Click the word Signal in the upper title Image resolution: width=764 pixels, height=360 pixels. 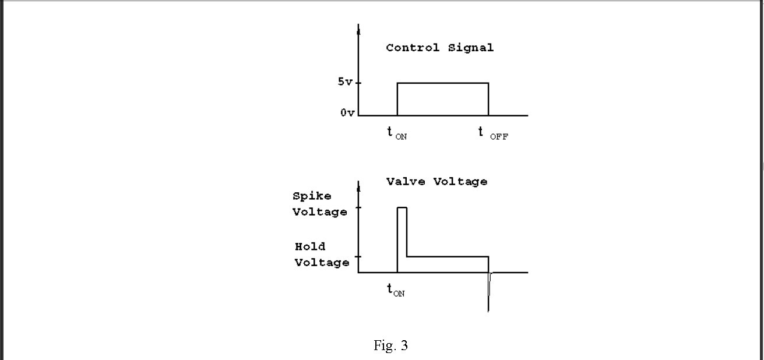tap(471, 48)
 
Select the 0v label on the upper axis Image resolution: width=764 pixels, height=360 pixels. tap(347, 113)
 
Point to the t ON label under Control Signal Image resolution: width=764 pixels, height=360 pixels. tap(397, 133)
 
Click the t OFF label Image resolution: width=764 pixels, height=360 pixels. tap(492, 133)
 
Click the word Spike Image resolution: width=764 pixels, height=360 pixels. tap(312, 196)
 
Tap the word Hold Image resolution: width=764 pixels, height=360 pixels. tap(310, 246)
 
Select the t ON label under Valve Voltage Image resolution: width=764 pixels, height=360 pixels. tap(396, 290)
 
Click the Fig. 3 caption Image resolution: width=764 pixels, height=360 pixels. tap(390, 346)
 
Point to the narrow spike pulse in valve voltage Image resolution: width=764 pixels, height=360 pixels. tap(402, 233)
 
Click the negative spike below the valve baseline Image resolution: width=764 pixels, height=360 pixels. tap(488, 294)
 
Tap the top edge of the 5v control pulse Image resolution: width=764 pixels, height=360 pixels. tap(443, 83)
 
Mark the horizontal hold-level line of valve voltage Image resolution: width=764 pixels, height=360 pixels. tap(448, 256)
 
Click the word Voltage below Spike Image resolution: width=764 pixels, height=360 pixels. tap(320, 212)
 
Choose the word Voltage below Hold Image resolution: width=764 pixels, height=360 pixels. tap(322, 263)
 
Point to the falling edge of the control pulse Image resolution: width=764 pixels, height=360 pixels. tap(488, 99)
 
